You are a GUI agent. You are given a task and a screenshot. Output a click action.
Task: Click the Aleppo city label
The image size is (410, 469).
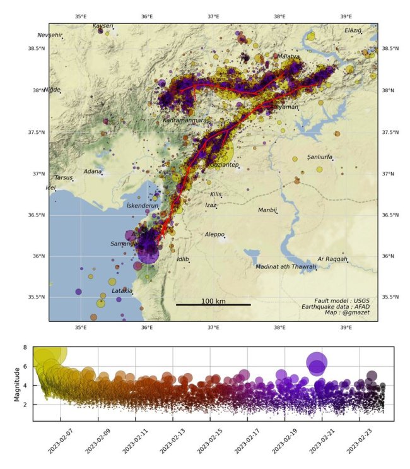214,234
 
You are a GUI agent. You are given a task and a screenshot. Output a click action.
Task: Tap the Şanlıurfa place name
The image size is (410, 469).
320,157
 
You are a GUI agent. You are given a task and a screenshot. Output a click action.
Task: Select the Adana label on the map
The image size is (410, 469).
93,171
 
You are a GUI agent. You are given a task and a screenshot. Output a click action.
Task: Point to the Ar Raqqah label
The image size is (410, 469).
332,259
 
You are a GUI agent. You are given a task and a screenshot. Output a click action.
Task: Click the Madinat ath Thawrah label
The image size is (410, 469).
285,266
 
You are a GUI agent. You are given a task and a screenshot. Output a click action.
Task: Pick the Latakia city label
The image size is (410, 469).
122,291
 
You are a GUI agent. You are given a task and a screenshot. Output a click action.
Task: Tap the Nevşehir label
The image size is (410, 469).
50,35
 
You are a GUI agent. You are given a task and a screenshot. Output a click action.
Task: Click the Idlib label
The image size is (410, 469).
183,259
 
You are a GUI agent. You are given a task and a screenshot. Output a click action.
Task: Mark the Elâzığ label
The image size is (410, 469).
354,30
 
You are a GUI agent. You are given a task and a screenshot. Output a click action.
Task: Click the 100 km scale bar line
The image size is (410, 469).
213,305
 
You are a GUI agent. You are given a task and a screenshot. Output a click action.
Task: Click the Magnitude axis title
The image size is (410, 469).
17,384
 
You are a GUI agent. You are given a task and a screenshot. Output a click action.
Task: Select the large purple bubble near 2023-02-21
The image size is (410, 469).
317,363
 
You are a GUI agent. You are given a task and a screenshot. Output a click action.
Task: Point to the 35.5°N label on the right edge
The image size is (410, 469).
392,297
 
